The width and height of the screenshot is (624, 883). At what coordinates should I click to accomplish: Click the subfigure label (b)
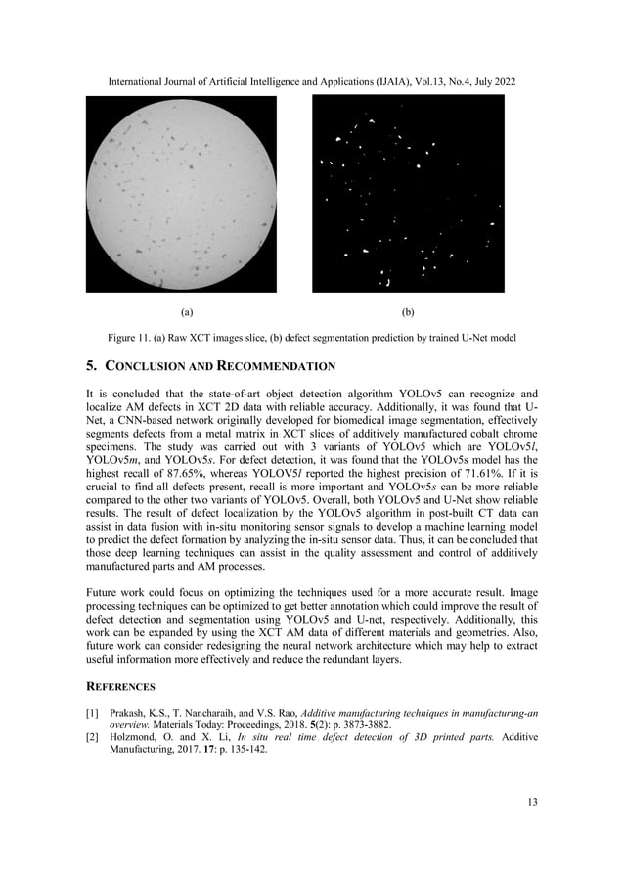pos(408,313)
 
